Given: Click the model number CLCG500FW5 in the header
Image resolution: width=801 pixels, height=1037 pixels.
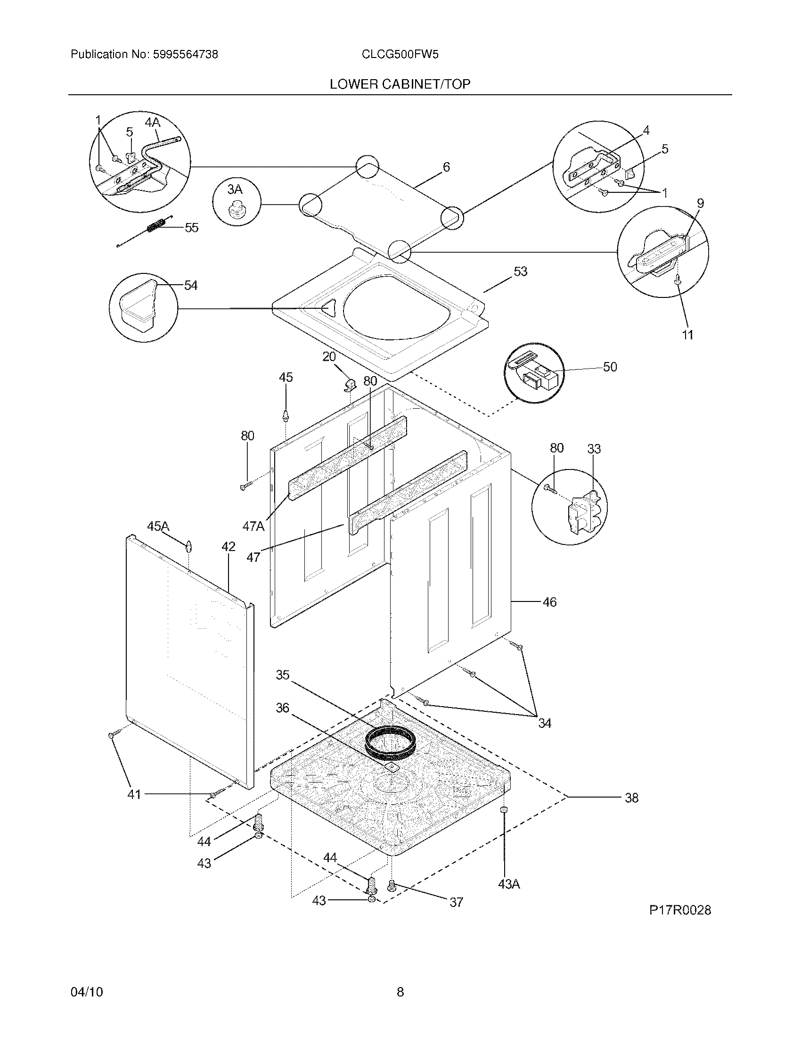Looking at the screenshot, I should point(400,55).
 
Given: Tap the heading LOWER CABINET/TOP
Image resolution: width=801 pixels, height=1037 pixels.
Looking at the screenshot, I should point(400,84).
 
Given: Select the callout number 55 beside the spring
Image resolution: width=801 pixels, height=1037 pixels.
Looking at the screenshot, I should point(191,228).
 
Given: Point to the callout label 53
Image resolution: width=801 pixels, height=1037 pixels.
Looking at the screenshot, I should point(520,272).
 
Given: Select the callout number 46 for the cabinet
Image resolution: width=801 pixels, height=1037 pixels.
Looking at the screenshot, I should point(549,602).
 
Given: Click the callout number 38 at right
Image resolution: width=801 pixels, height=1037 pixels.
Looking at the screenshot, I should point(631,798).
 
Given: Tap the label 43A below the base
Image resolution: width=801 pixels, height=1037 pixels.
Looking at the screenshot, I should point(509,884).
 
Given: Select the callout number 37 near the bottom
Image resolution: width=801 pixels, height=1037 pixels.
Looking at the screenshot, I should point(456,902).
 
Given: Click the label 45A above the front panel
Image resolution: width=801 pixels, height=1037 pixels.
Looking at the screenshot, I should point(158,526).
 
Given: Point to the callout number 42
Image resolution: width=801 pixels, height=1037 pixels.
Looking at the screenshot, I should point(228,546).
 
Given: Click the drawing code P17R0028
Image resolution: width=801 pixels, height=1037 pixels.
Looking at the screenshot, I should point(679,910).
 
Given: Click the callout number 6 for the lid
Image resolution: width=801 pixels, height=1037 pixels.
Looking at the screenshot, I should point(446,167).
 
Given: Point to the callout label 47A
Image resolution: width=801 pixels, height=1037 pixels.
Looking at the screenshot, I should point(253,526).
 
